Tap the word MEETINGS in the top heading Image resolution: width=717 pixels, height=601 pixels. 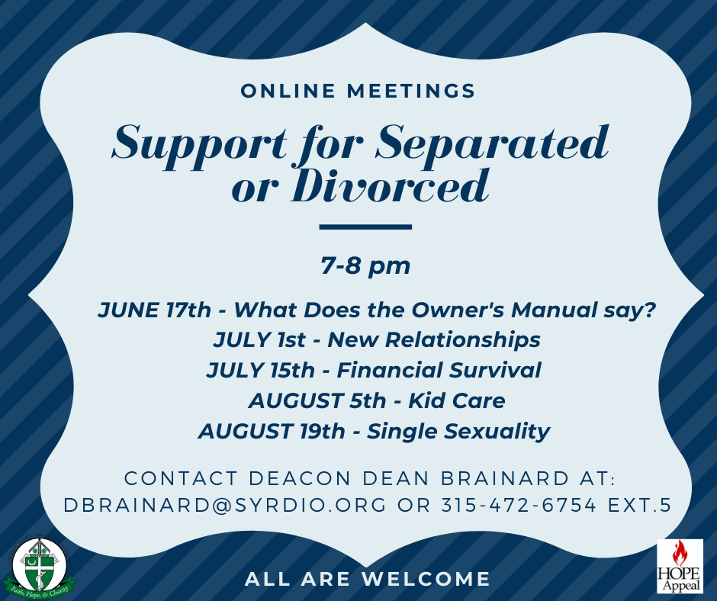[411, 91]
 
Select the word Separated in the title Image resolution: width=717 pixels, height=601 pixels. [492, 143]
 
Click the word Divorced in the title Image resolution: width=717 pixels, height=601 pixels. [390, 186]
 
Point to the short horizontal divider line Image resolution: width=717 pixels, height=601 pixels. [365, 227]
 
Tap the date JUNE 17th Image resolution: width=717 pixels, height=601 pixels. [154, 310]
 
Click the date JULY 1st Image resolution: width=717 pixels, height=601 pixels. [259, 340]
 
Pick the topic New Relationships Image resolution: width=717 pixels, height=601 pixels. [434, 340]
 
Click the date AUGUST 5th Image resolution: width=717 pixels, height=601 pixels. [317, 400]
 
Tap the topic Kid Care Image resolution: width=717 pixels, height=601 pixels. [457, 400]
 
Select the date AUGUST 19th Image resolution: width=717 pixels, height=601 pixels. [272, 432]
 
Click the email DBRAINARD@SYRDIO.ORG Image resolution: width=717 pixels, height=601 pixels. [225, 506]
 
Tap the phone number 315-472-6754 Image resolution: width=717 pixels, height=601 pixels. [519, 506]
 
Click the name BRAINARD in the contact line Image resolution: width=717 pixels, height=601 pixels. [500, 478]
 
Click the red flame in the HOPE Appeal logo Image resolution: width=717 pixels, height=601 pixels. [679, 553]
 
